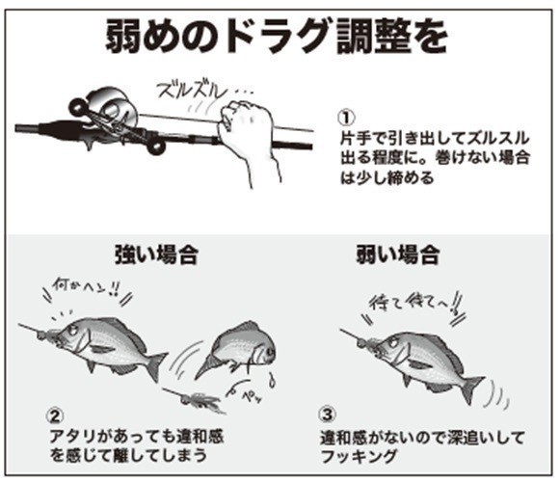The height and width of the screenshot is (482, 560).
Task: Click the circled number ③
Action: pyautogui.click(x=327, y=417)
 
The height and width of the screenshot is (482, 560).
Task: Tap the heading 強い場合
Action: pyautogui.click(x=148, y=256)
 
